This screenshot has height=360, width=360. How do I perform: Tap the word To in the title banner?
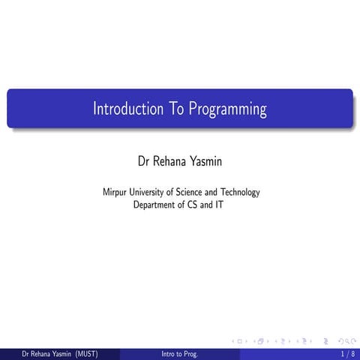(x=176, y=109)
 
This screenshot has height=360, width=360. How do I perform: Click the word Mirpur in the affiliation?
(x=115, y=193)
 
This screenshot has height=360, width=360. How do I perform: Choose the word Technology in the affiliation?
(x=239, y=193)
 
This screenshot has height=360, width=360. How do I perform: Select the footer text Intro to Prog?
(x=180, y=353)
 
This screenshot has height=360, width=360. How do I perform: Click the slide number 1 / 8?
(x=347, y=353)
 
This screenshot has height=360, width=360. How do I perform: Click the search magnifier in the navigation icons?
(x=343, y=340)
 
